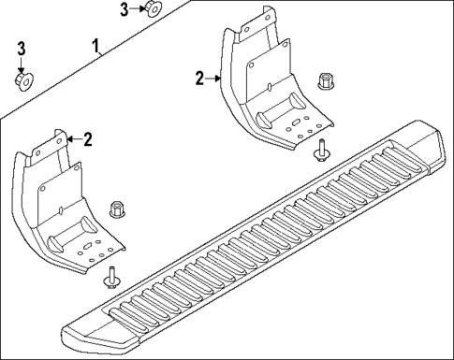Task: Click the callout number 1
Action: pyautogui.click(x=97, y=45)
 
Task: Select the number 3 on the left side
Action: pyautogui.click(x=22, y=49)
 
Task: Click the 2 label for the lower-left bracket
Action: pyautogui.click(x=87, y=139)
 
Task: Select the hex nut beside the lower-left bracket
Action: pyautogui.click(x=118, y=208)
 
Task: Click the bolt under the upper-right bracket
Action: pyautogui.click(x=321, y=149)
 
